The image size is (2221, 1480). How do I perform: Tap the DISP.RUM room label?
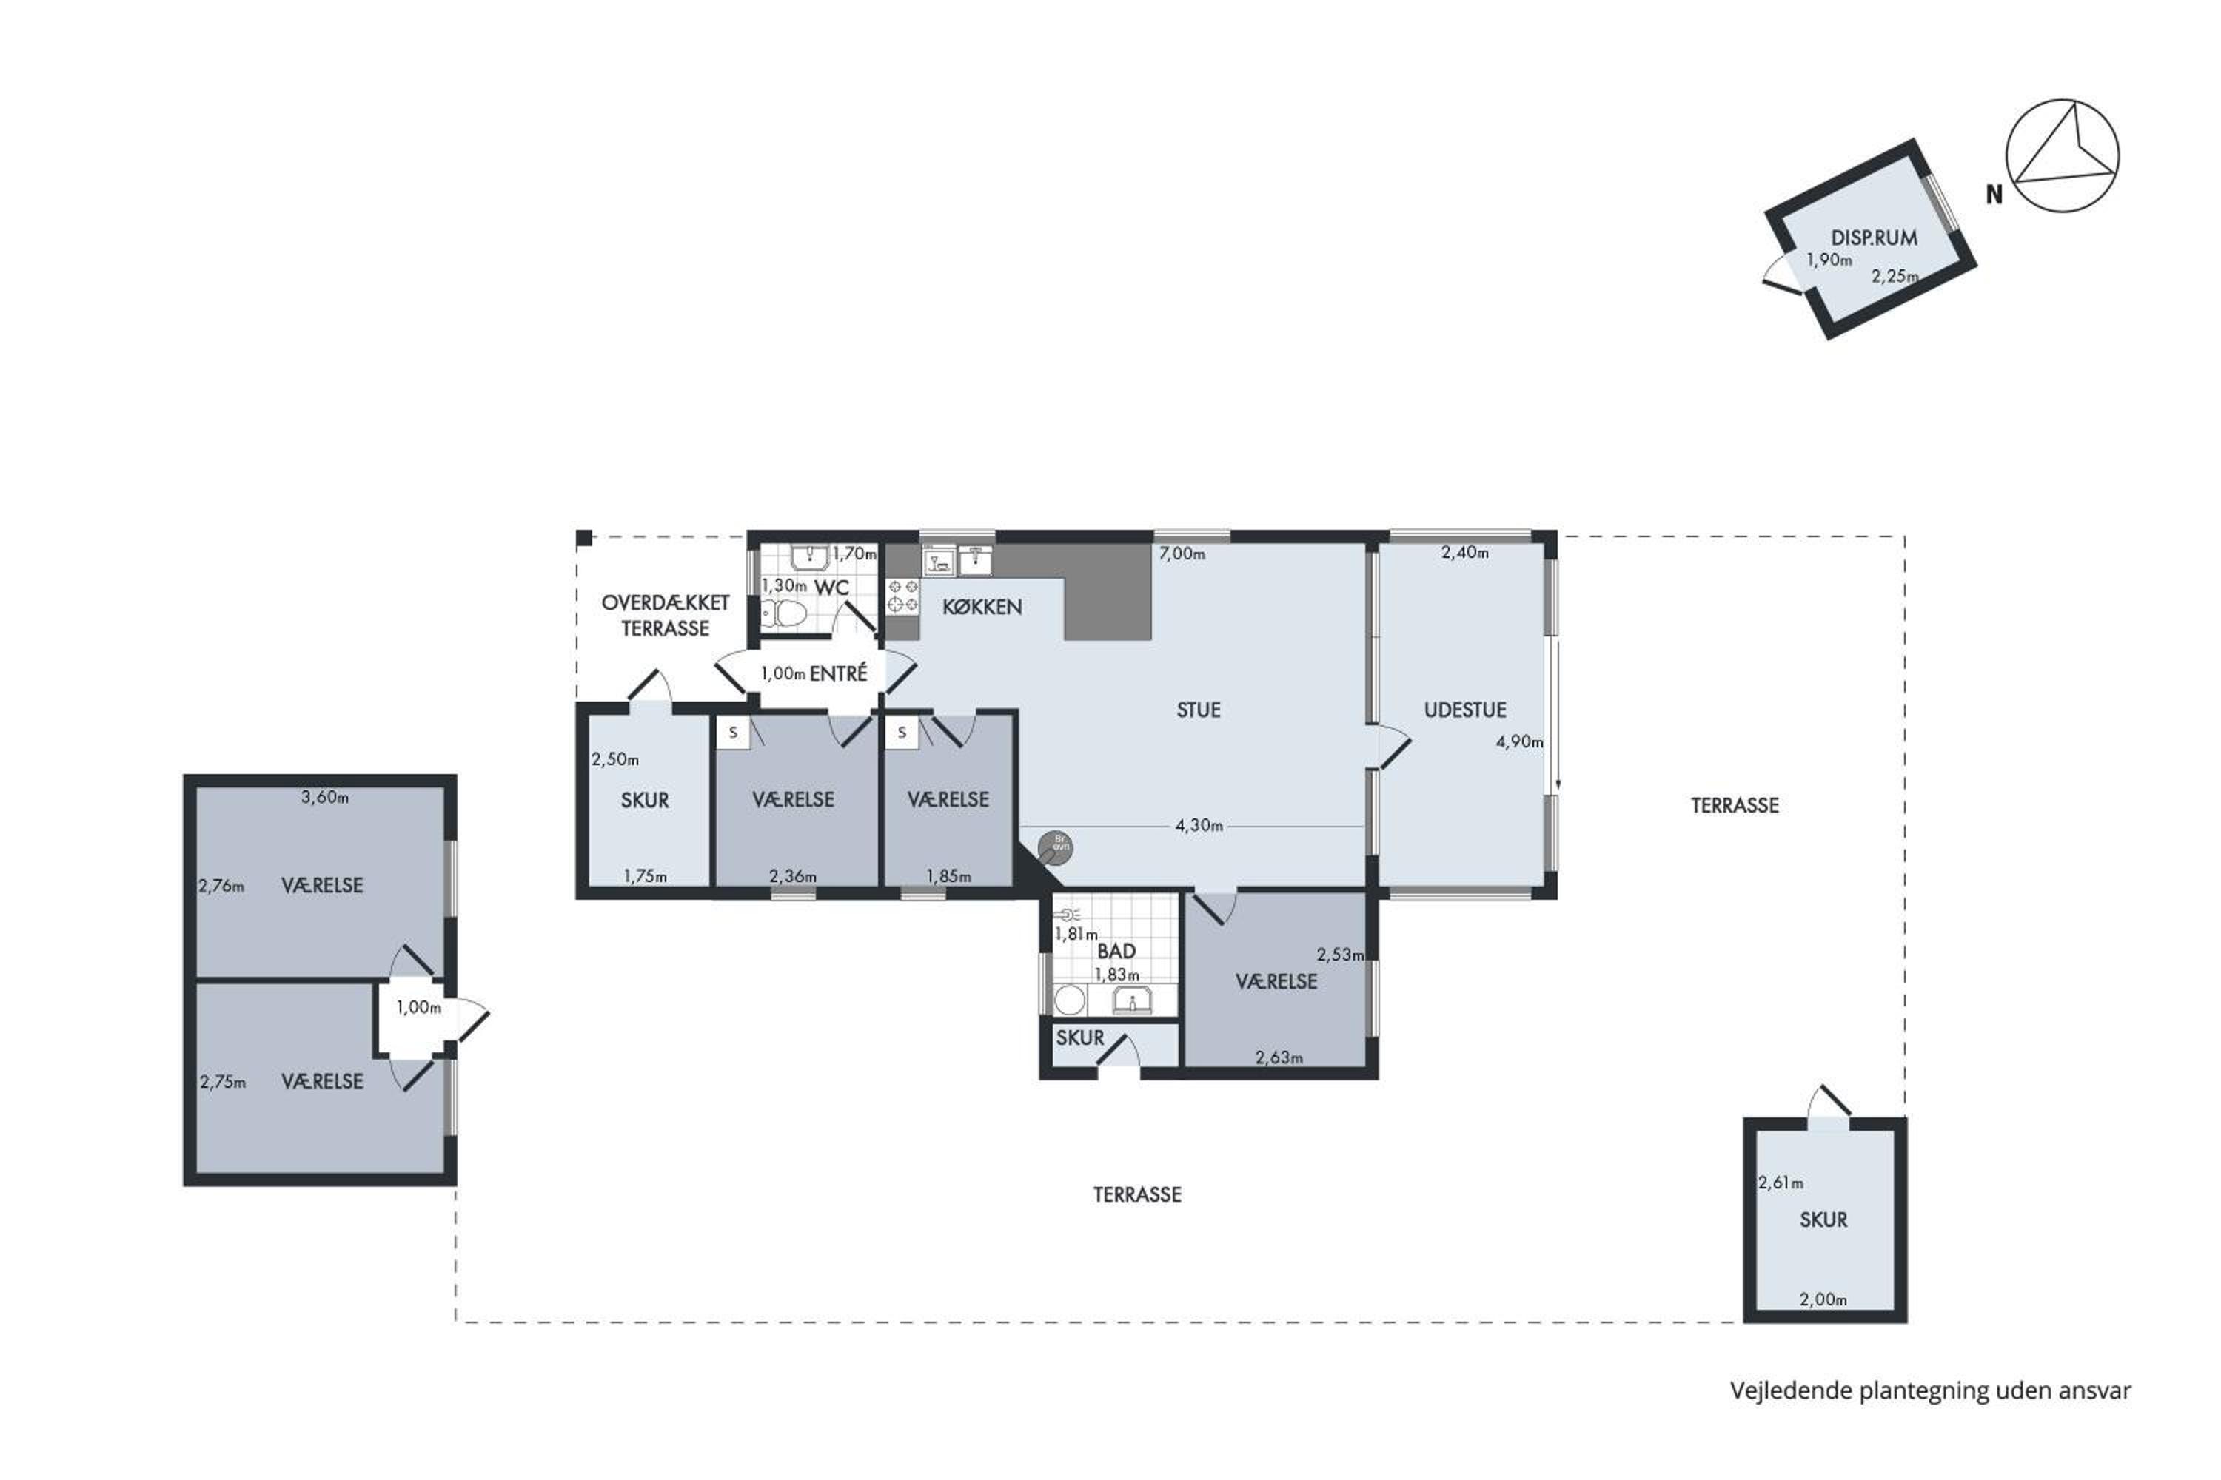pos(1875,238)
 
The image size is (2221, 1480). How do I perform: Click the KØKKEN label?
pos(982,607)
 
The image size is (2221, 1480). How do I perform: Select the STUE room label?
pos(1199,710)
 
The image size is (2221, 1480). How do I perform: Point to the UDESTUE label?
pos(1464,710)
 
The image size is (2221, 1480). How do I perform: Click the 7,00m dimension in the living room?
pos(1182,554)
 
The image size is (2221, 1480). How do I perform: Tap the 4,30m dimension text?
pos(1199,826)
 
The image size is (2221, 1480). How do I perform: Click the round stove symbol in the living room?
pos(1056,847)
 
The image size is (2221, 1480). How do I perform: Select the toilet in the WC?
pos(784,614)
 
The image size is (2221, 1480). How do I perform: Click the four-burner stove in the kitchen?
pos(902,596)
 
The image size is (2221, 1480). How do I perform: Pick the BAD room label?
pos(1116,952)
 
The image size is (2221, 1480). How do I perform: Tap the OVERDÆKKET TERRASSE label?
pos(666,616)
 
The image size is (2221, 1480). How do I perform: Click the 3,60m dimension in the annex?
pos(325,798)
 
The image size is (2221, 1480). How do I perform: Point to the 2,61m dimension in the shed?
pos(1781,1183)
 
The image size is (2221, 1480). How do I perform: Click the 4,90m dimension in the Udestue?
pos(1519,742)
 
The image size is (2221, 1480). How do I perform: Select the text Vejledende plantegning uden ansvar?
pos(1930,1391)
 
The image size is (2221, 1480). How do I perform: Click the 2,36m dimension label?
pos(793,876)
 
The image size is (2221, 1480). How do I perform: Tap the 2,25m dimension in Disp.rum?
pos(1895,277)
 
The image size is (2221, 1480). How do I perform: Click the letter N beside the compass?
pos(1994,195)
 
